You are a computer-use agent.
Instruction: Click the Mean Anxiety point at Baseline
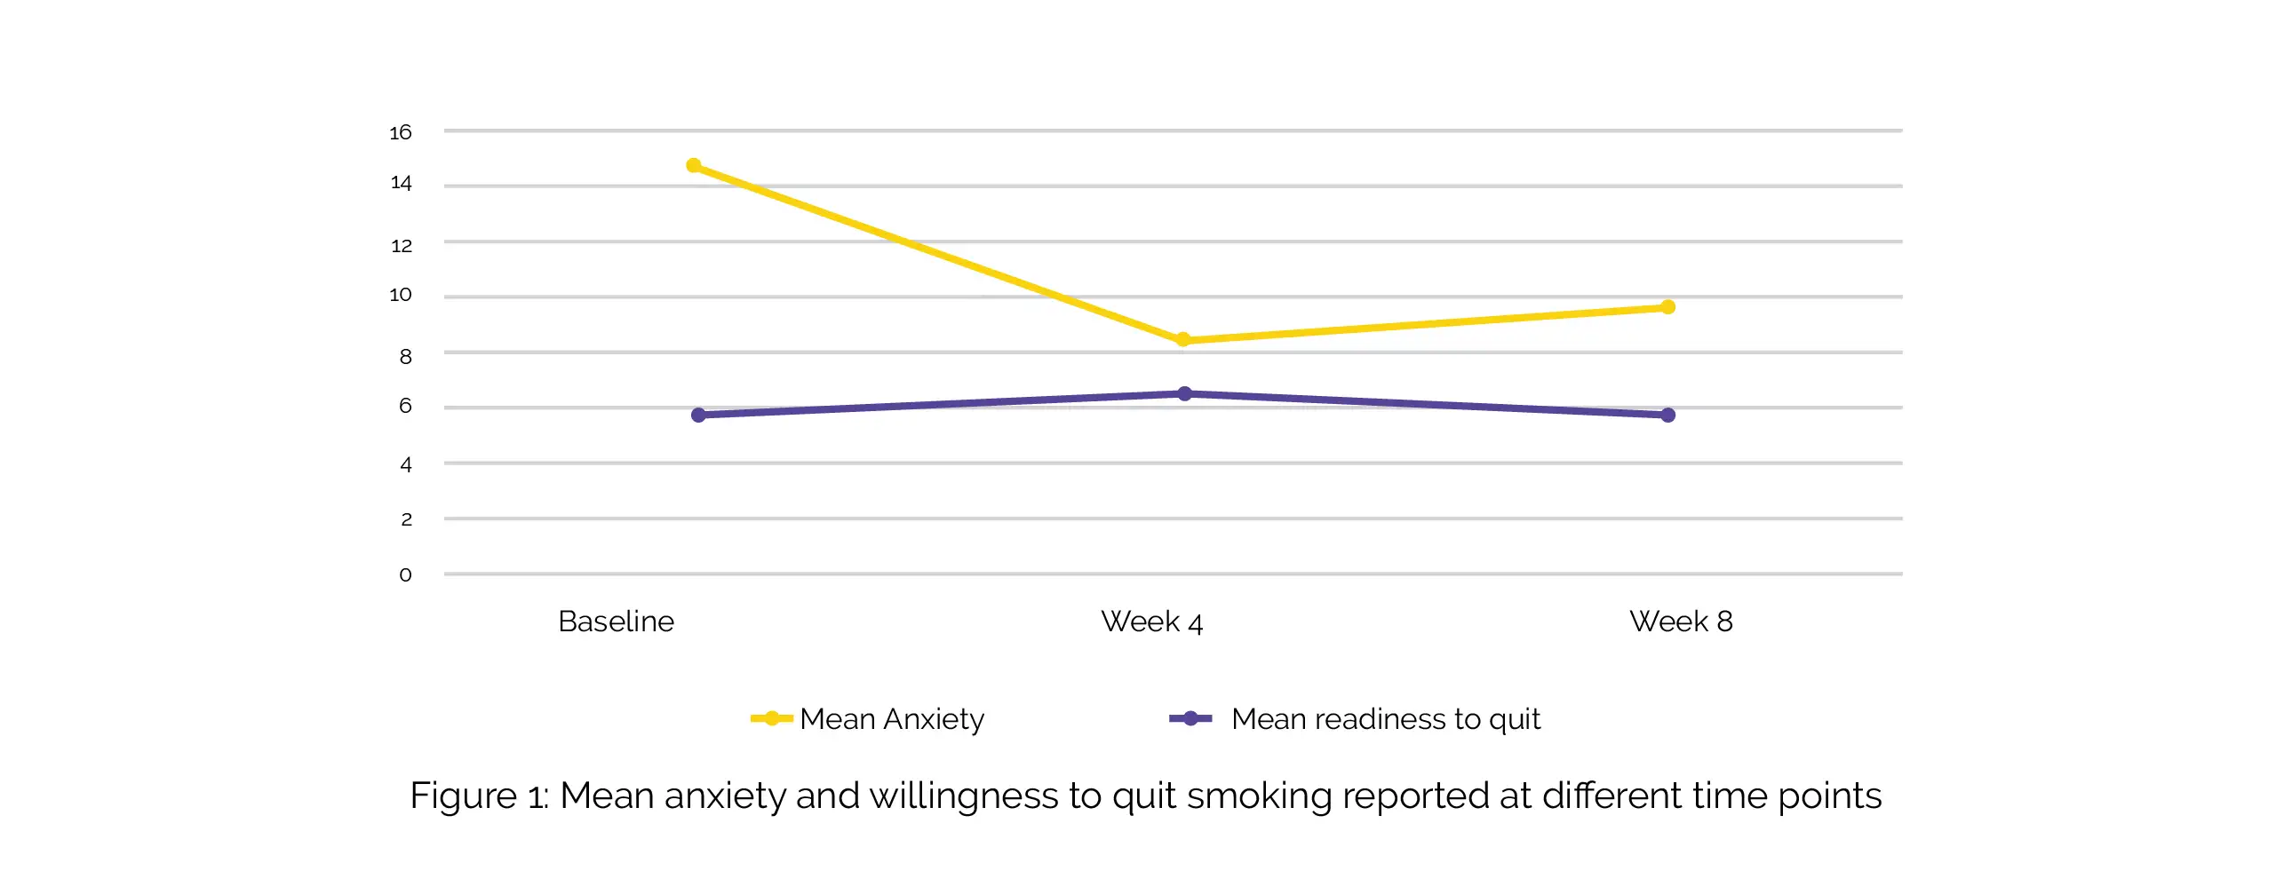[694, 165]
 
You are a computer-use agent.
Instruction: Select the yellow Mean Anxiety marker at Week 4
[1183, 340]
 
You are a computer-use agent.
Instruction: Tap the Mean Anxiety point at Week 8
[1668, 307]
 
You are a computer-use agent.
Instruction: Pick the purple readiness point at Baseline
[698, 416]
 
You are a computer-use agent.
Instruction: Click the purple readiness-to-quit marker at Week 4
[1185, 393]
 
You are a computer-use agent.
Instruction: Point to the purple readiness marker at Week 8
[1668, 416]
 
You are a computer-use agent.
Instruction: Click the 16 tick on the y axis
[401, 132]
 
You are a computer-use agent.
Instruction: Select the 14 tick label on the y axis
[401, 183]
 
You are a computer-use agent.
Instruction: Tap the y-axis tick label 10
[401, 295]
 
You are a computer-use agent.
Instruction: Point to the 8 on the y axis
[406, 357]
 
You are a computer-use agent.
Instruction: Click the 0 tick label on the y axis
[406, 574]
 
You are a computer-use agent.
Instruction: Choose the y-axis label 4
[406, 464]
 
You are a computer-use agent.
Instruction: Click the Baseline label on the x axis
[616, 621]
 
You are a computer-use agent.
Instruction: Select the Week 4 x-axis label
[1151, 621]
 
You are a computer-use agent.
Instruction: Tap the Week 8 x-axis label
[1681, 621]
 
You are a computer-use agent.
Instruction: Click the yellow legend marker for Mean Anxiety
[771, 719]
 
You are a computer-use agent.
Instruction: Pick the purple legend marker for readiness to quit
[1190, 719]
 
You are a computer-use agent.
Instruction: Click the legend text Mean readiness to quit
[1385, 719]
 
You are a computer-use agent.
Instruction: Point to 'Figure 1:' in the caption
[479, 796]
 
